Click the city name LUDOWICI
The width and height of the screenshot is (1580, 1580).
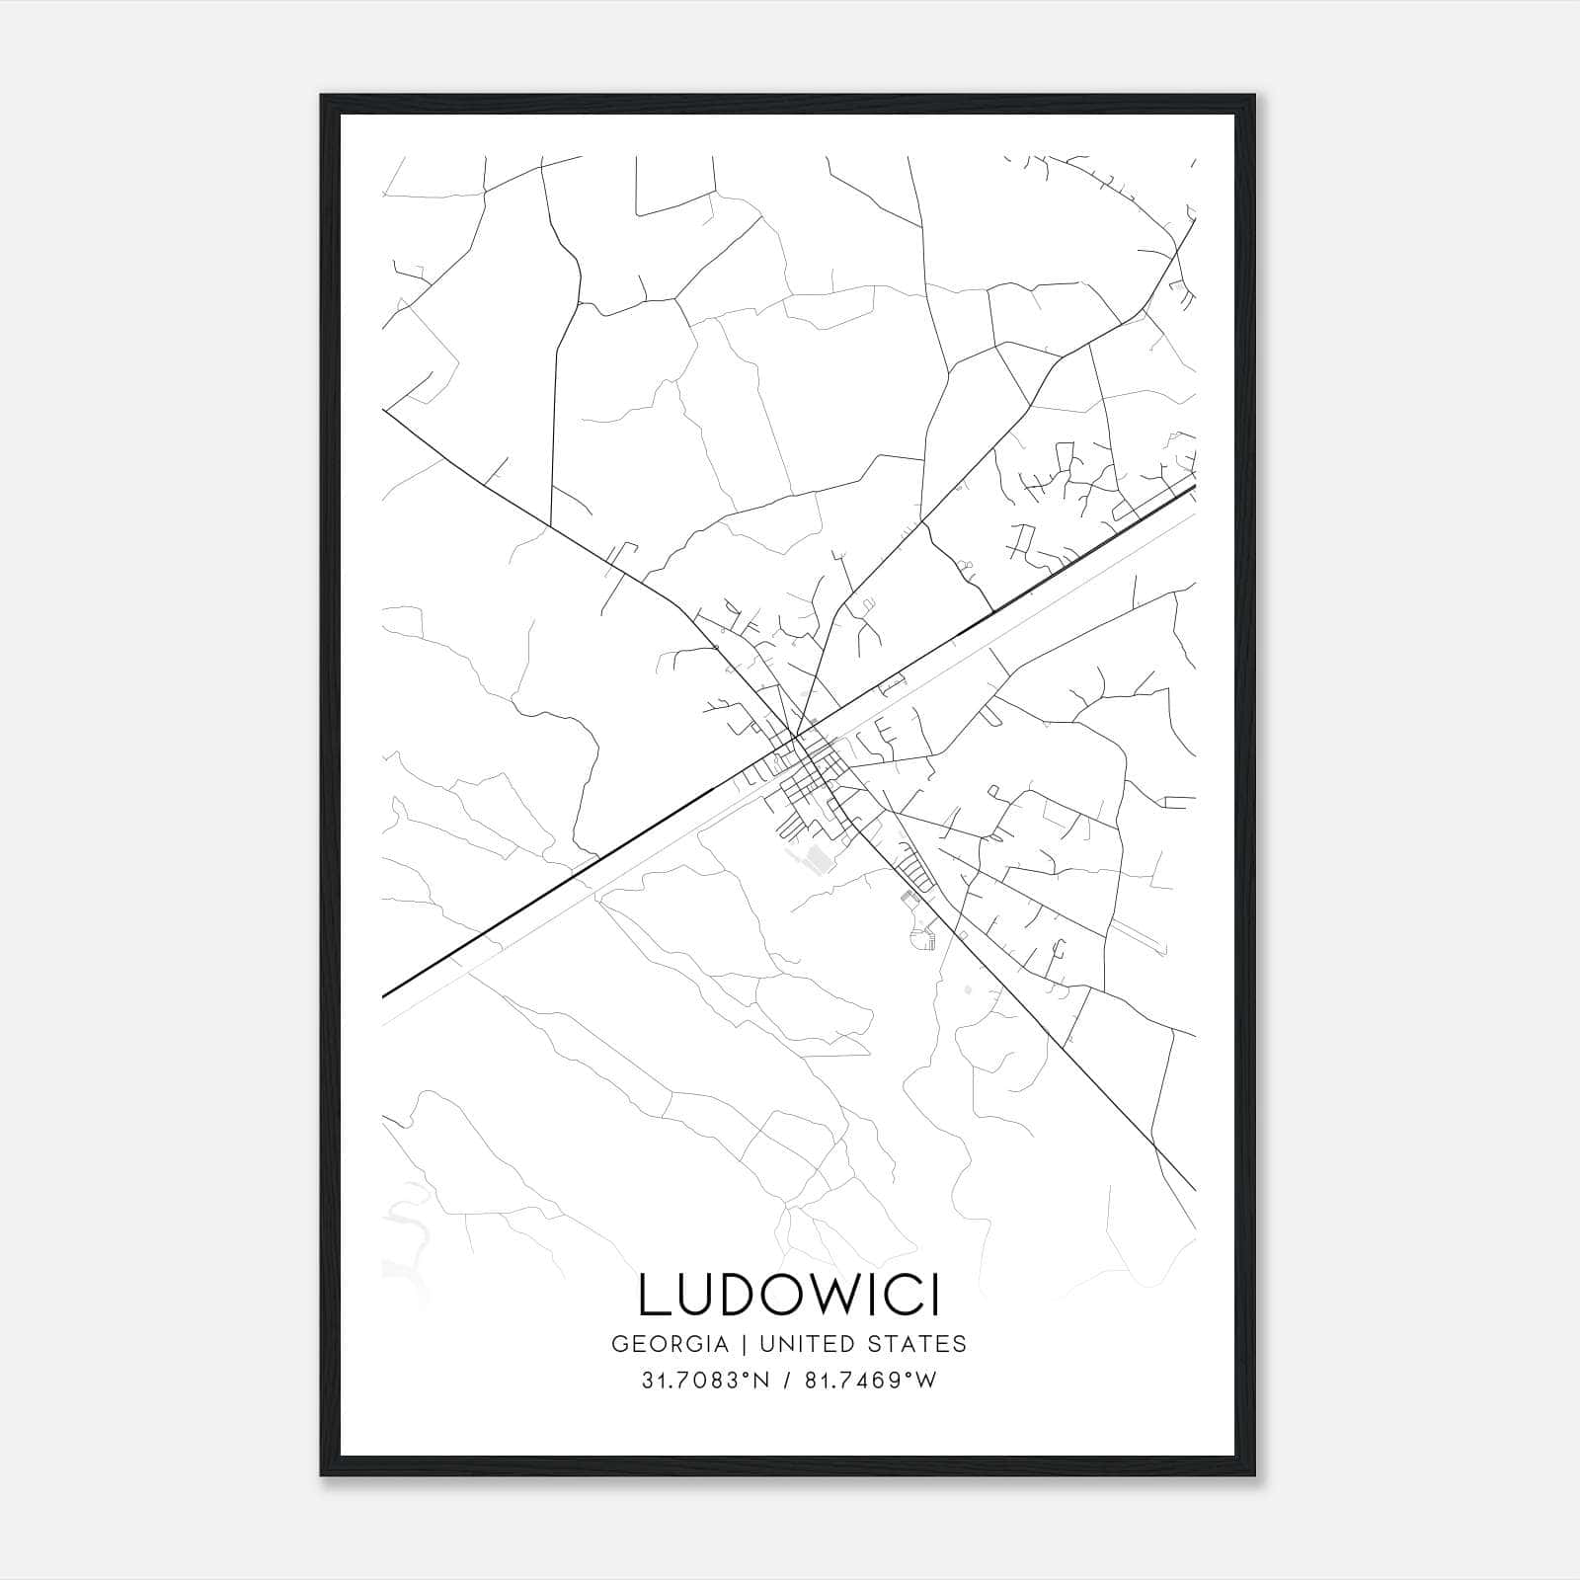tap(788, 1295)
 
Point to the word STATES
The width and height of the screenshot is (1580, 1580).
tap(918, 1343)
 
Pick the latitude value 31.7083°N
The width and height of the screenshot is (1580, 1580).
tap(705, 1381)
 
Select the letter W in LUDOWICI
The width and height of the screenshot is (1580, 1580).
tap(825, 1295)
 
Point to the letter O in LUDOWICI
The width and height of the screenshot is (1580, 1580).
tap(772, 1295)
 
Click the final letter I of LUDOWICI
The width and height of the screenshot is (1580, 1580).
tap(931, 1295)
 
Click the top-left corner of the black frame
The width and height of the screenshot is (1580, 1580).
tap(322, 97)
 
